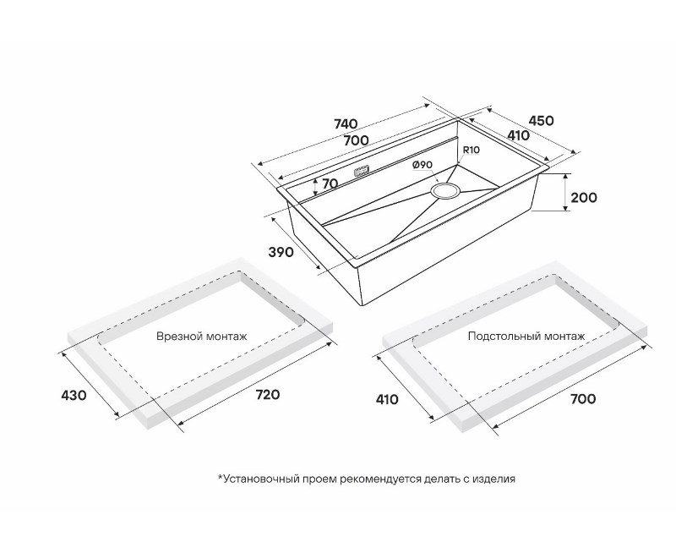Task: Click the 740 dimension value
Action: [346, 124]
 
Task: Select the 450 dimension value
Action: [539, 121]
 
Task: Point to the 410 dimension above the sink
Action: [517, 135]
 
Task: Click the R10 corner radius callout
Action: [471, 151]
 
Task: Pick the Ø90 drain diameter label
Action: [422, 165]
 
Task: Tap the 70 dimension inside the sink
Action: [330, 183]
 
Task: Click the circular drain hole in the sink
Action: [445, 190]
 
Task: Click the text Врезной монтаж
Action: [202, 337]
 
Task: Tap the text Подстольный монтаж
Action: [526, 337]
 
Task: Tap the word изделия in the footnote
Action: [493, 479]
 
